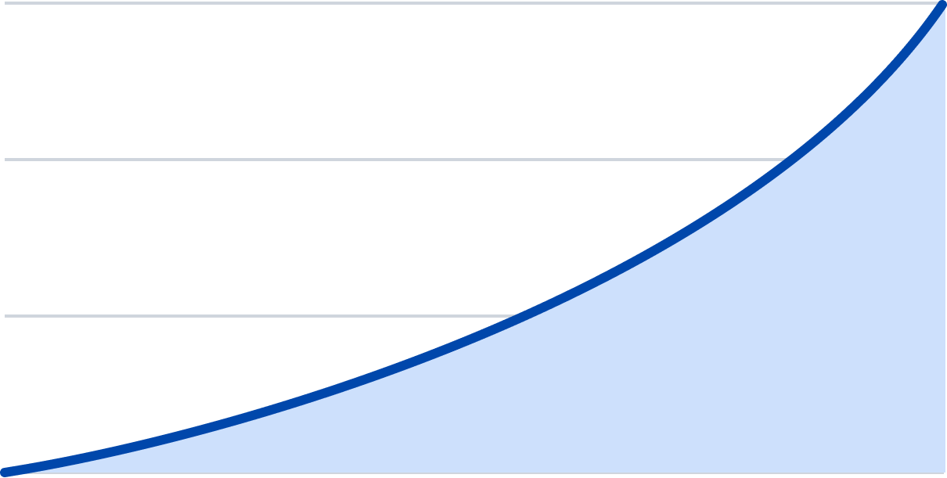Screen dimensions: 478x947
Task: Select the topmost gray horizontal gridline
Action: (x=470, y=3)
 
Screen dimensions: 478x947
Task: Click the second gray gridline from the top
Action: (x=391, y=160)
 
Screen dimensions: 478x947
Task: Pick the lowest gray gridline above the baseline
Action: (x=235, y=316)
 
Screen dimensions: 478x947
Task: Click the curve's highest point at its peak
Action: (x=942, y=4)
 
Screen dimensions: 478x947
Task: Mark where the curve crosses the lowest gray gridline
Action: (x=517, y=316)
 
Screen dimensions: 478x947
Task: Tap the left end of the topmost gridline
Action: (x=6, y=3)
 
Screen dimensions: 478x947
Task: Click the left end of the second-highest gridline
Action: (x=6, y=160)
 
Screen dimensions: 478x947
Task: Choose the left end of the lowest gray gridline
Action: (x=6, y=316)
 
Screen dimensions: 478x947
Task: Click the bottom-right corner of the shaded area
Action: (x=942, y=473)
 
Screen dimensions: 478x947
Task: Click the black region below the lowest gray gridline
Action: (x=117, y=376)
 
